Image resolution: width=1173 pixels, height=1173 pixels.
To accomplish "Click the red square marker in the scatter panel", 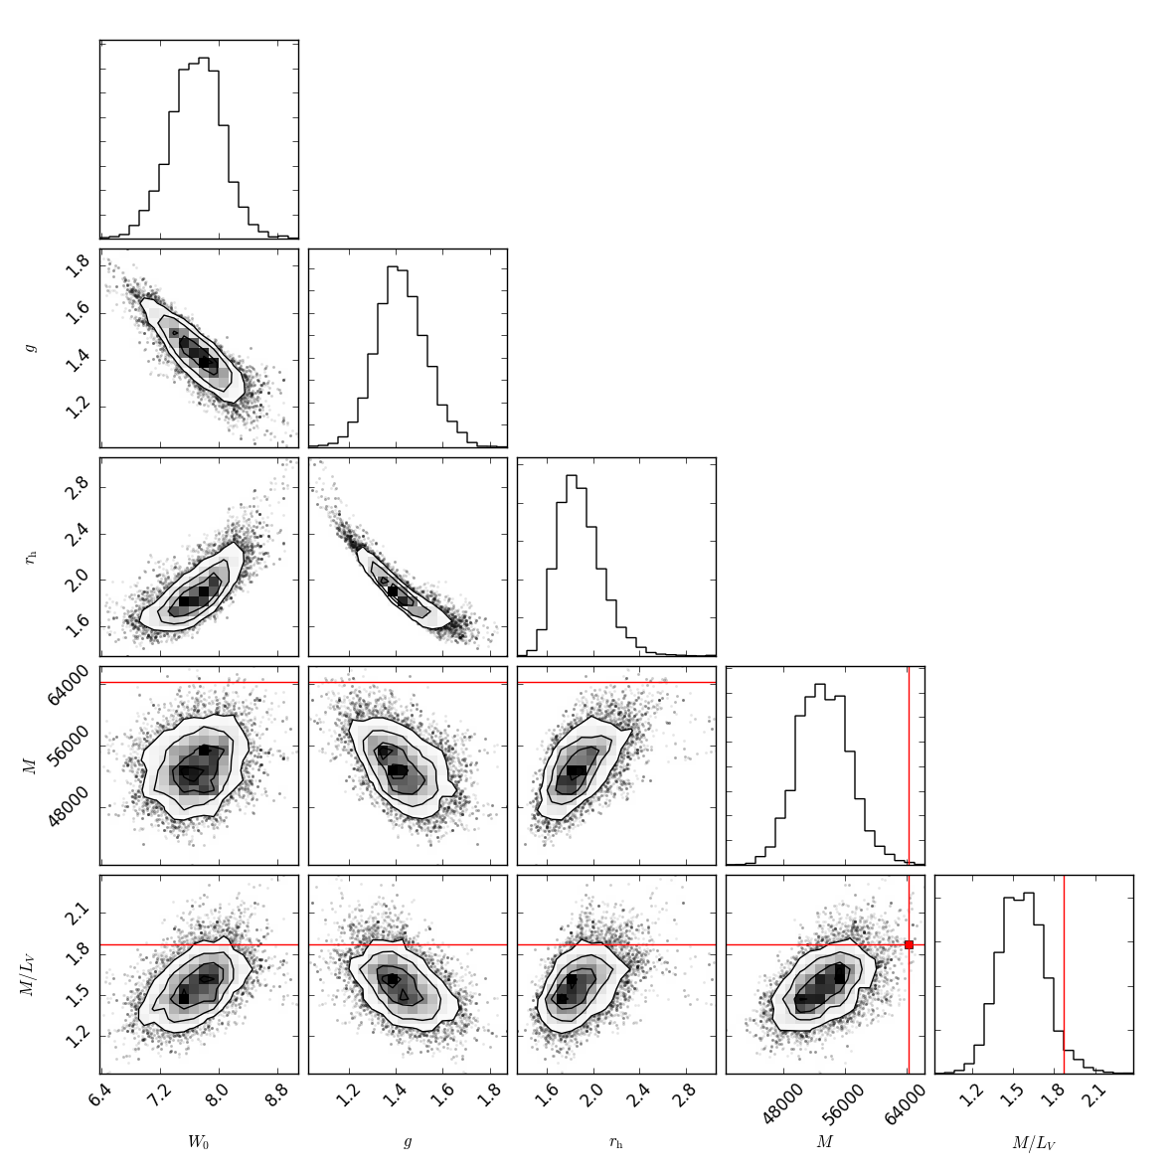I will click(909, 944).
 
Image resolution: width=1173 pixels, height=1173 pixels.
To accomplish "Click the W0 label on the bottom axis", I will click(199, 1142).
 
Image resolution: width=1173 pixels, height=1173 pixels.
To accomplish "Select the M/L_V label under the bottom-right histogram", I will click(1034, 1143).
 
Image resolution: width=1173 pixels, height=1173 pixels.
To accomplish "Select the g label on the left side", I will click(31, 348).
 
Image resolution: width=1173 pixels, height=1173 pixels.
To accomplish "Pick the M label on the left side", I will click(30, 765).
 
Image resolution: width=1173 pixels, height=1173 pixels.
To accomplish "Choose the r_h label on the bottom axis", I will click(616, 1143).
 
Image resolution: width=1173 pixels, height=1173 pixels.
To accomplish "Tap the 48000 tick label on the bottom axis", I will click(780, 1103).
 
